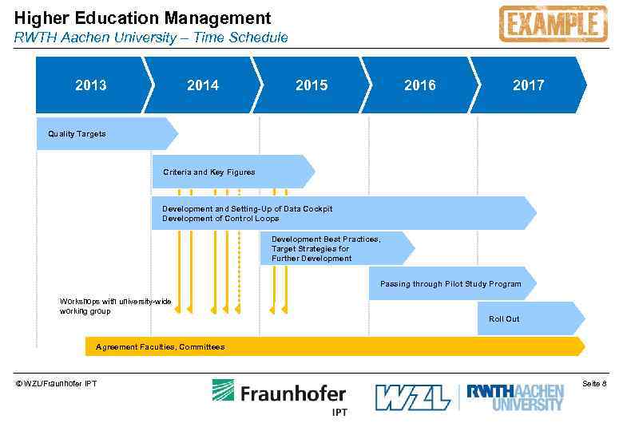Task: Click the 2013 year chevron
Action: tap(90, 85)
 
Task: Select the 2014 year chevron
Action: tap(203, 85)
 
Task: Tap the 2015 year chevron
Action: tap(311, 85)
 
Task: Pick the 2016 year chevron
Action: tap(420, 85)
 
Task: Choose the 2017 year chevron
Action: tap(528, 85)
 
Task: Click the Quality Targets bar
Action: tap(104, 134)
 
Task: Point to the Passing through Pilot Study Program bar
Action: tap(450, 283)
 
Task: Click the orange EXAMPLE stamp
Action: tap(552, 24)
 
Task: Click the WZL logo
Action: tap(412, 397)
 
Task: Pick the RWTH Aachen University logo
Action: tap(515, 397)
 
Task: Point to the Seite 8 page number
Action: tap(594, 384)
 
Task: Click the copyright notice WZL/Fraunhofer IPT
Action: tap(56, 384)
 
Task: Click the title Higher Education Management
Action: tap(143, 18)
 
